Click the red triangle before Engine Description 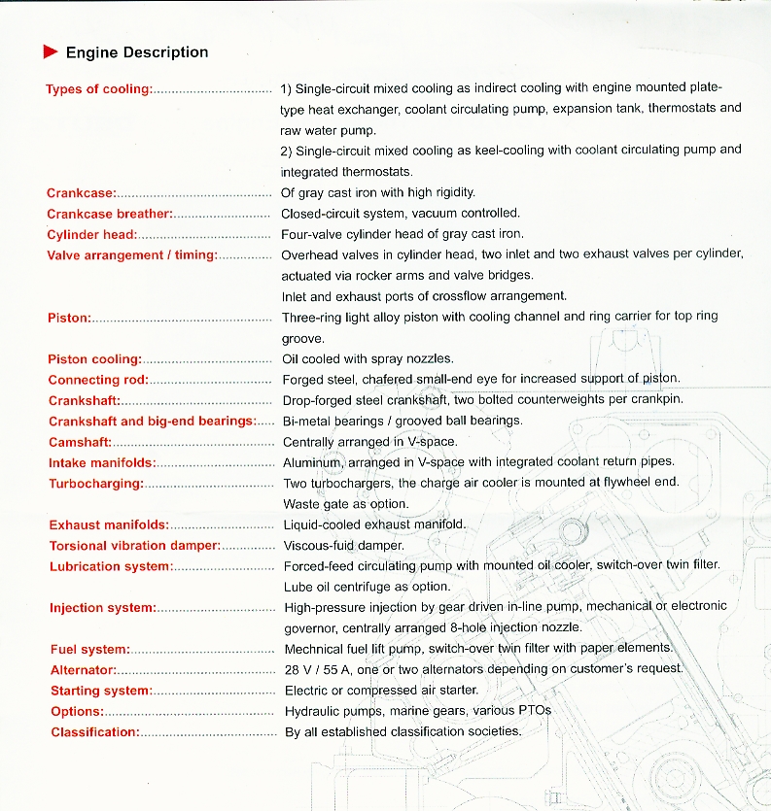click(x=51, y=52)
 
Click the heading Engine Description click(x=137, y=52)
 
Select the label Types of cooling click(x=99, y=89)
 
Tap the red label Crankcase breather click(x=110, y=214)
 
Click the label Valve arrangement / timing click(x=132, y=255)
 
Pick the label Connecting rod click(x=98, y=380)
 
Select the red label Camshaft click(x=81, y=442)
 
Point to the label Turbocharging click(x=96, y=484)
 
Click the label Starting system click(x=101, y=691)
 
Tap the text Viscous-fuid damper click(x=343, y=545)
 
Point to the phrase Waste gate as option click(x=345, y=504)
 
